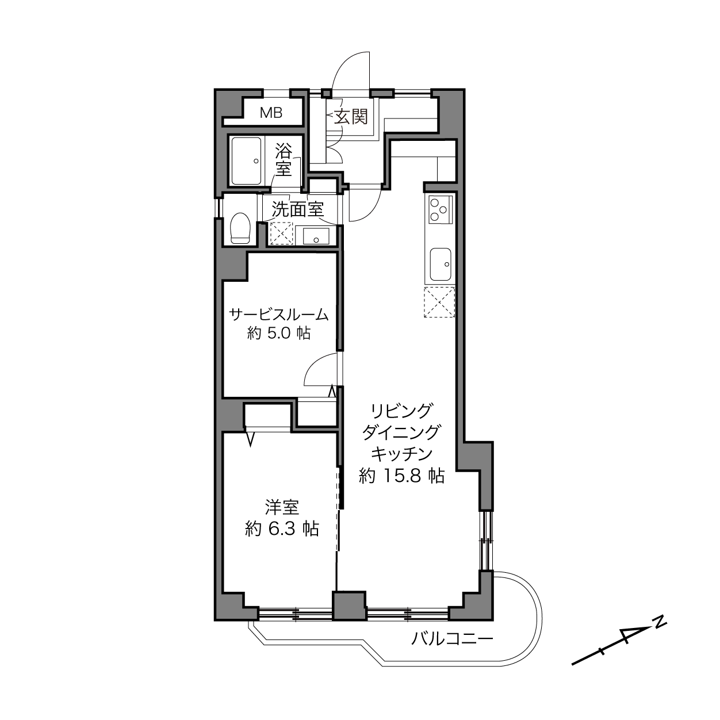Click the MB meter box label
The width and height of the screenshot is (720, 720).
(x=271, y=113)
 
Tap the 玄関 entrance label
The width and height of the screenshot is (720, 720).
(x=351, y=117)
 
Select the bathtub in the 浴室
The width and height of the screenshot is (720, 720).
(x=246, y=161)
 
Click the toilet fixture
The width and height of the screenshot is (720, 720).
(x=240, y=228)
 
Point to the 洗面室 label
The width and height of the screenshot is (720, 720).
(x=297, y=209)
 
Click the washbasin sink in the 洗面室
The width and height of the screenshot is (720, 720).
(x=316, y=236)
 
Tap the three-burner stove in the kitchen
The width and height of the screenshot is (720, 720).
(x=441, y=209)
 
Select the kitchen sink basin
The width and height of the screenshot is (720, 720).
(x=441, y=265)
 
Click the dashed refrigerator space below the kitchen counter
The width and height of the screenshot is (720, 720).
(x=439, y=302)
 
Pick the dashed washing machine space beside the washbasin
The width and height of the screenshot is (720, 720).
(x=282, y=234)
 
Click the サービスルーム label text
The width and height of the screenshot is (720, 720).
(x=279, y=315)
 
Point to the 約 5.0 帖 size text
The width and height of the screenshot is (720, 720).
(x=279, y=334)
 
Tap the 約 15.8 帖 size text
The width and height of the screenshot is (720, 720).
(x=401, y=476)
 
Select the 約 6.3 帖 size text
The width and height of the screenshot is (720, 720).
(x=282, y=529)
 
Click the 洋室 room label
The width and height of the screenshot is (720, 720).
(x=282, y=508)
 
